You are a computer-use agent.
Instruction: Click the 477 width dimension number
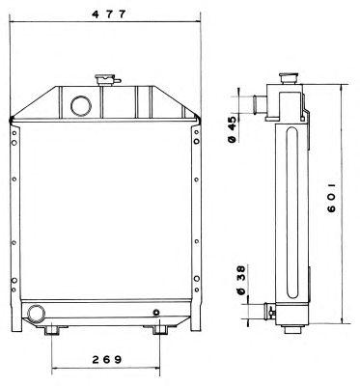(x=109, y=14)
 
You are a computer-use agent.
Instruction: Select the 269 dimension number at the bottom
(x=107, y=359)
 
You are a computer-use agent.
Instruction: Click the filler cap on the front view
(x=107, y=79)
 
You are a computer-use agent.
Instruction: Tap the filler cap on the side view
(x=290, y=78)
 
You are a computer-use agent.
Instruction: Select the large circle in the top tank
(x=81, y=106)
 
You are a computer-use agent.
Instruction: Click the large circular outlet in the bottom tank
(x=36, y=313)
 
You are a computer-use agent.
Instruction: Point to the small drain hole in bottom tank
(x=156, y=313)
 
